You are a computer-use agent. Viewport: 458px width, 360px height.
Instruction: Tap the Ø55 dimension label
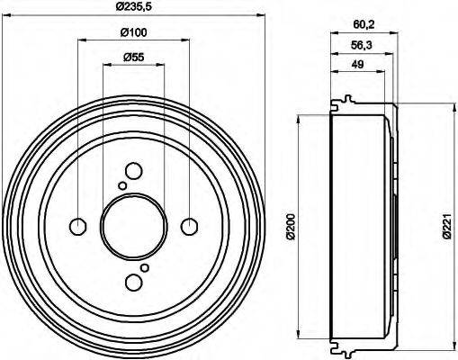click(x=133, y=58)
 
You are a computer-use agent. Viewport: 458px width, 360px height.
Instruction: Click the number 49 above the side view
click(x=357, y=64)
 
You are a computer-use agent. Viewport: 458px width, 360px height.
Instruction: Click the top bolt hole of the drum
click(x=133, y=170)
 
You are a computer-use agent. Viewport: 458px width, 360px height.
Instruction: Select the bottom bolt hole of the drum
click(x=133, y=283)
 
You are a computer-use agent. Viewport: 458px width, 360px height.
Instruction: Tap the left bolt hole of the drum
click(x=77, y=226)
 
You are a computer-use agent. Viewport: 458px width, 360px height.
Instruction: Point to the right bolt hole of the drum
click(x=190, y=226)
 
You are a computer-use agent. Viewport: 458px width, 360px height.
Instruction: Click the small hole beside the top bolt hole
click(x=122, y=185)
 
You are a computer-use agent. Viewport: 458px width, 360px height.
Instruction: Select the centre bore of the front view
click(x=133, y=226)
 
